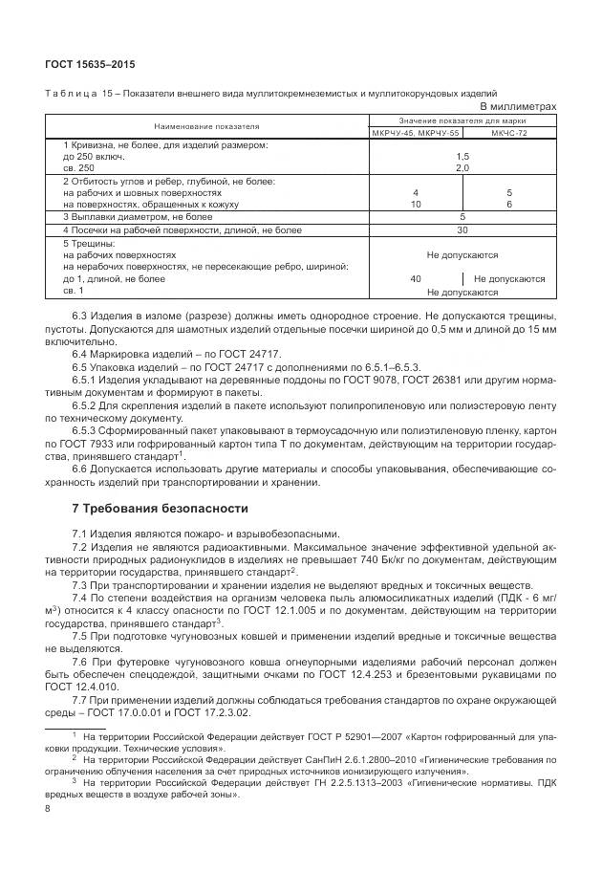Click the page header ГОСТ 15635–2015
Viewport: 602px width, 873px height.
(x=90, y=64)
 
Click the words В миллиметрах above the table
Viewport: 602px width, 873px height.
(x=517, y=106)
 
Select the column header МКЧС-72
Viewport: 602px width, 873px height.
(x=509, y=134)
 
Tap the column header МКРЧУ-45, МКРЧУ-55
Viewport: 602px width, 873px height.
(x=415, y=134)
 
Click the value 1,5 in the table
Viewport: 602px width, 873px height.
(x=462, y=156)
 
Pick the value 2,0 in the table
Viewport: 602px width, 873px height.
(x=462, y=167)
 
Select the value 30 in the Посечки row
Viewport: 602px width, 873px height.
(x=462, y=229)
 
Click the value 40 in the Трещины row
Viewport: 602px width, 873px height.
(x=416, y=279)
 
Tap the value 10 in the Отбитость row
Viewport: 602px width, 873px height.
(x=416, y=205)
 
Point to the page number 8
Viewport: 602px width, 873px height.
(x=49, y=809)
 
